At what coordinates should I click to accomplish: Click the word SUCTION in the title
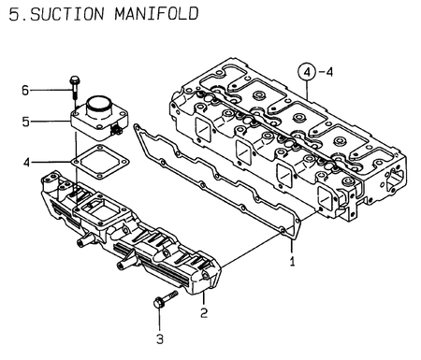(x=66, y=14)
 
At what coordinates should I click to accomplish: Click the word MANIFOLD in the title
(x=156, y=14)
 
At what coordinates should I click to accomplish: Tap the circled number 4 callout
(x=307, y=72)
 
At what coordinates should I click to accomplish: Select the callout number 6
(x=25, y=91)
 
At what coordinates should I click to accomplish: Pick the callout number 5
(x=25, y=122)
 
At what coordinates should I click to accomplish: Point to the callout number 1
(x=292, y=262)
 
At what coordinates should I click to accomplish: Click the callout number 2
(x=204, y=312)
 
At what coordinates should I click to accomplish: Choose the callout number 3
(x=160, y=338)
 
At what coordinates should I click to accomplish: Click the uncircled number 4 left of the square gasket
(x=27, y=163)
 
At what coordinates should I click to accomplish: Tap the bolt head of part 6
(x=75, y=79)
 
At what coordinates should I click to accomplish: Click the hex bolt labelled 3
(x=166, y=299)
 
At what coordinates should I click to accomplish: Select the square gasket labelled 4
(x=100, y=162)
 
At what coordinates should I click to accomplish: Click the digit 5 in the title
(x=14, y=14)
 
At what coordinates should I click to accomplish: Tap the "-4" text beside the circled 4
(x=326, y=72)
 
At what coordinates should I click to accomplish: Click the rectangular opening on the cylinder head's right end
(x=395, y=180)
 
